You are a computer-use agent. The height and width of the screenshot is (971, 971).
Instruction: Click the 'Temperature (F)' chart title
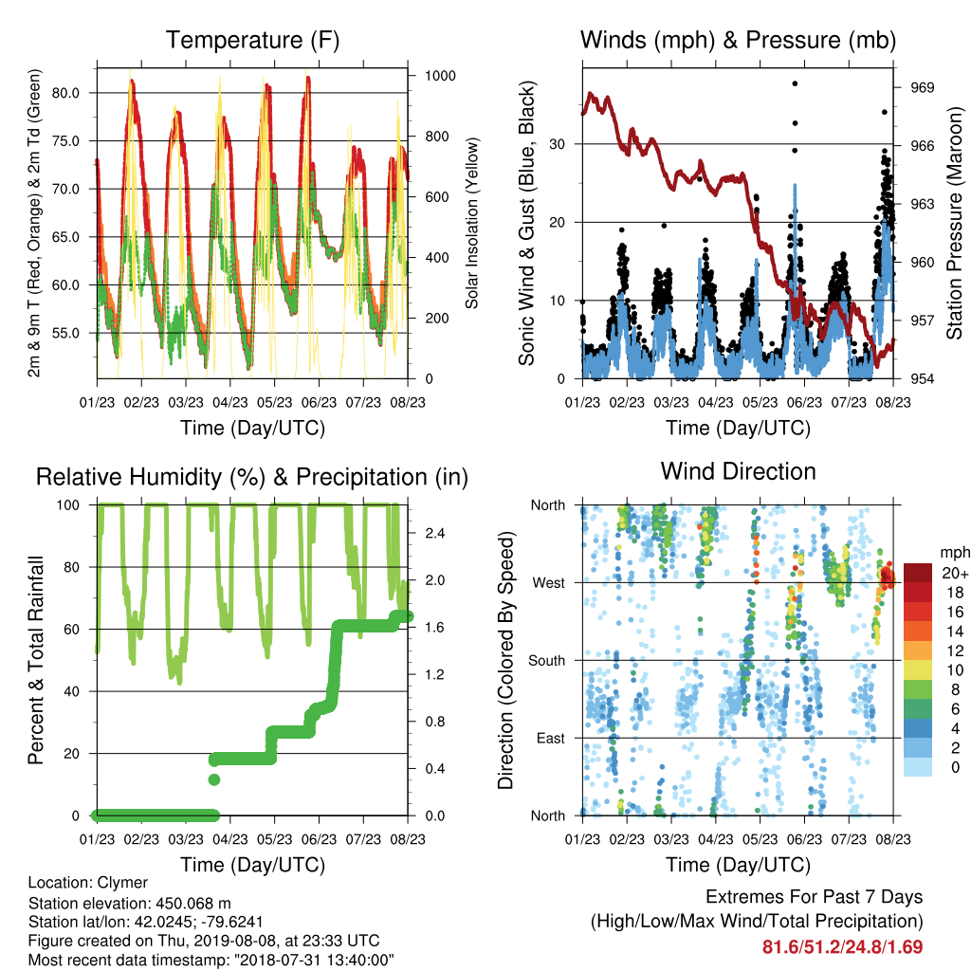point(252,40)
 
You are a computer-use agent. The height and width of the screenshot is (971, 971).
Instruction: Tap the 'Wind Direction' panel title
point(738,471)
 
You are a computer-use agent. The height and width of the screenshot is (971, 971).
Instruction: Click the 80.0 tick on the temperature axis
point(65,93)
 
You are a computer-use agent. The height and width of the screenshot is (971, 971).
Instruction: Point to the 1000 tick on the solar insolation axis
point(440,76)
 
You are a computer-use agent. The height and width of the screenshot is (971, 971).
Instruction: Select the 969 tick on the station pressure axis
point(922,87)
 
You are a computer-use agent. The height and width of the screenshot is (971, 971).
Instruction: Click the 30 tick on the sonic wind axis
point(557,144)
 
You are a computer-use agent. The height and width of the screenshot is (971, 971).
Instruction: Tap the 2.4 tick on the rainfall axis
point(434,533)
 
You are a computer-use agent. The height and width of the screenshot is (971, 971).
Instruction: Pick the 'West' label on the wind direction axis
point(549,583)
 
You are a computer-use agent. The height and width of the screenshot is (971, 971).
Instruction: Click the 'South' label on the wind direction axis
point(547,661)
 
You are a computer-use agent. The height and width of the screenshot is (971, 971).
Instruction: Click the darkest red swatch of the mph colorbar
point(918,573)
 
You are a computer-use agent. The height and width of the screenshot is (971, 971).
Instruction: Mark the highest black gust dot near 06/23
point(796,83)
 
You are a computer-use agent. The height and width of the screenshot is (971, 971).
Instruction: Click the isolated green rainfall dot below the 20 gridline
point(214,779)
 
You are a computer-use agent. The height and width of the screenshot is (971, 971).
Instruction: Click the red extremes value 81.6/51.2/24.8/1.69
point(842,947)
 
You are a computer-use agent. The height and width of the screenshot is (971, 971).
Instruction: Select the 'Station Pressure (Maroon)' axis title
point(954,223)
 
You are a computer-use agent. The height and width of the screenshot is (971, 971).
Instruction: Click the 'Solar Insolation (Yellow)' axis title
point(472,223)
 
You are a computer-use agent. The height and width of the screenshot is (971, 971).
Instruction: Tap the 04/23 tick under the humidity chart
point(230,839)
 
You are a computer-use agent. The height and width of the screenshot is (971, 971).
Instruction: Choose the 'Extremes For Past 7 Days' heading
point(815,897)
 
